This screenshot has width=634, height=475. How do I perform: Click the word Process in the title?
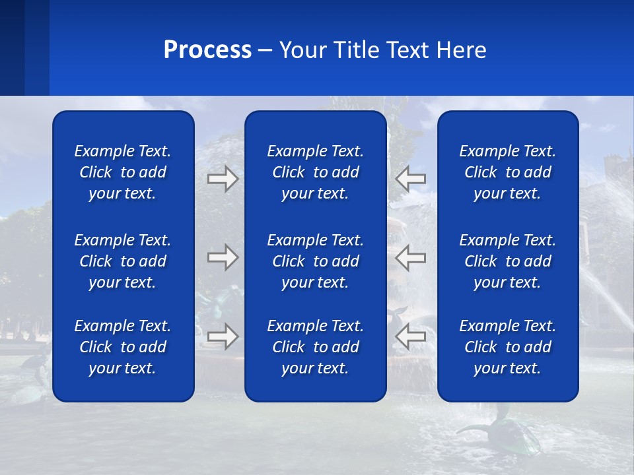[x=207, y=50]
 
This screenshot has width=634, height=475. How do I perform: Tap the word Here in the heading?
[x=460, y=50]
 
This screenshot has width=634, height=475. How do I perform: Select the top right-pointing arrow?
[x=223, y=179]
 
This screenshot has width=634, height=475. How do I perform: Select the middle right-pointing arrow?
[x=223, y=257]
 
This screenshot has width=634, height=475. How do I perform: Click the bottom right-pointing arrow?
[x=223, y=336]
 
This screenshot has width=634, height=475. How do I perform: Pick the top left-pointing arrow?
[x=410, y=179]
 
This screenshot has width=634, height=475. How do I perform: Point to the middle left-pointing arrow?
[x=410, y=257]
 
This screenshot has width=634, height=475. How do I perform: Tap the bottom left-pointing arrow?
[x=410, y=336]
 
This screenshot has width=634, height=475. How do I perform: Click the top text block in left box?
[x=123, y=172]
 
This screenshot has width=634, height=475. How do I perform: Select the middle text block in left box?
[x=123, y=261]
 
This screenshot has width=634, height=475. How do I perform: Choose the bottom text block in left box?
[x=123, y=347]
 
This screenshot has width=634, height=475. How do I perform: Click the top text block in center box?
[x=316, y=172]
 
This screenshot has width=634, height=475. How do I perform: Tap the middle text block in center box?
[x=316, y=261]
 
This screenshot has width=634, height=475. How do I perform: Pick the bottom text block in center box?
[x=316, y=347]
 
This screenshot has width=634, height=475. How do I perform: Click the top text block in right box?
[x=508, y=172]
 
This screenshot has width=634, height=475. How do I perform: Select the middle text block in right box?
[x=508, y=261]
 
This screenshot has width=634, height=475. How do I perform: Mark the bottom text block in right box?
[x=508, y=347]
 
